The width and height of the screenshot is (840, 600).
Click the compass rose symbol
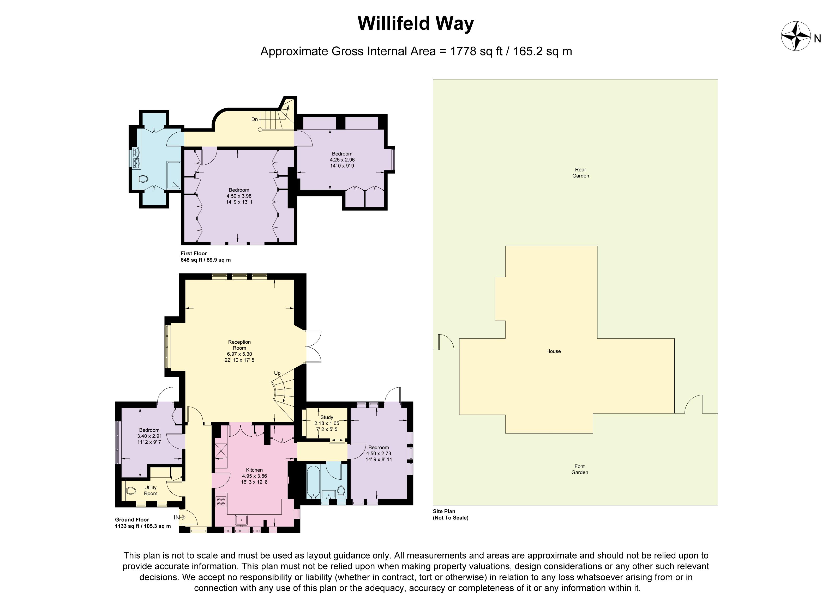796,36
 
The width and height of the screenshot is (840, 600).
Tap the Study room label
327,417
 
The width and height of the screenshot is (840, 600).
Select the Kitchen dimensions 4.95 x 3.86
254,476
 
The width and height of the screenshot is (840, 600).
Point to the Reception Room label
239,345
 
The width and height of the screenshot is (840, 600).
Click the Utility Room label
151,490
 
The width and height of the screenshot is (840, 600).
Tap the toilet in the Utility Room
130,491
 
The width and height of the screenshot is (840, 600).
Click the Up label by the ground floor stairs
277,373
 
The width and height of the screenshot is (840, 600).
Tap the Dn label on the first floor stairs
254,119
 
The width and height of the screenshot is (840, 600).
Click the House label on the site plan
553,351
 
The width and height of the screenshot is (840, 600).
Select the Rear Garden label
580,172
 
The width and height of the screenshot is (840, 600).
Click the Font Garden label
580,469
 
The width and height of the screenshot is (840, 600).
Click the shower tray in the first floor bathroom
173,175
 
